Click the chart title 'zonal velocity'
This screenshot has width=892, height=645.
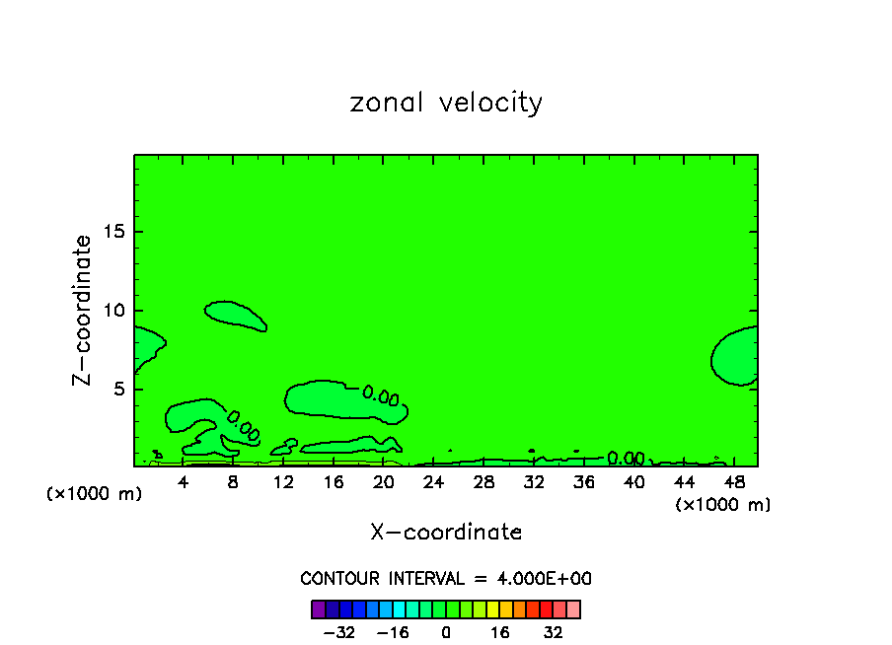click(x=446, y=103)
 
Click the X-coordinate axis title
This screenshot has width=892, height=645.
click(x=446, y=533)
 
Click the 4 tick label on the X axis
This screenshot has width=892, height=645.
click(x=184, y=482)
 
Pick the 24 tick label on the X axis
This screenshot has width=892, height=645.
click(x=433, y=482)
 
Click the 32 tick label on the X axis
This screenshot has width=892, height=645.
click(x=534, y=482)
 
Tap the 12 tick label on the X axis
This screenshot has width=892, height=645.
click(x=283, y=482)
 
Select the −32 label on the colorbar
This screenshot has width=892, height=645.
click(x=339, y=632)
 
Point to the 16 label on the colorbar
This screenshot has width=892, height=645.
click(x=500, y=632)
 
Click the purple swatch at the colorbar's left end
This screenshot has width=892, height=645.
click(x=318, y=609)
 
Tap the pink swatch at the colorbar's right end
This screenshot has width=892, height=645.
click(x=573, y=609)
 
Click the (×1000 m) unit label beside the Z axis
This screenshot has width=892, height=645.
click(x=95, y=494)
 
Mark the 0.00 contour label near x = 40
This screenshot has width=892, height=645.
click(x=626, y=459)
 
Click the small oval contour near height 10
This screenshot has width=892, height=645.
click(x=234, y=315)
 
